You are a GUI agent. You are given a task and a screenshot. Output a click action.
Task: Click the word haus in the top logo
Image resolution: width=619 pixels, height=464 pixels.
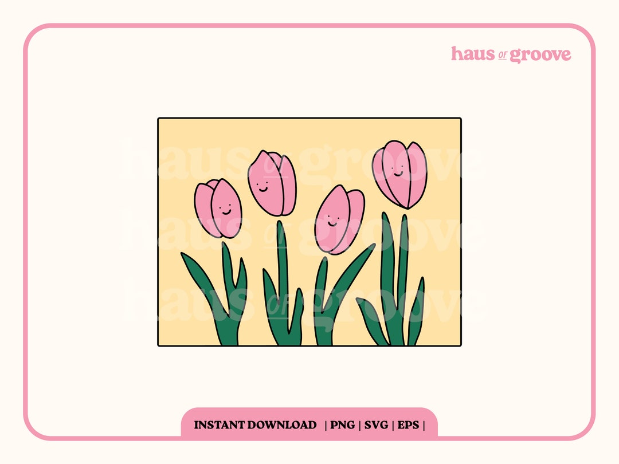472,54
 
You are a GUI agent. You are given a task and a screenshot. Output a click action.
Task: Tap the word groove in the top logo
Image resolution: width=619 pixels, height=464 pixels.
540,54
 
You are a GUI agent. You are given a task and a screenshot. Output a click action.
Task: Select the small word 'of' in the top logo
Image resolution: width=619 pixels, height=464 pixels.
503,56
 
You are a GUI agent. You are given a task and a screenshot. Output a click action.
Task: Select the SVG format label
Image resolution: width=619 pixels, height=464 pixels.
376,425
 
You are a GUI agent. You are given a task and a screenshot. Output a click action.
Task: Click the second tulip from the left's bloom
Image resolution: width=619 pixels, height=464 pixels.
273,182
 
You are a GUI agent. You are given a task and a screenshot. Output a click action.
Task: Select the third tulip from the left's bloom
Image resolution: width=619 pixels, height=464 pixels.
339,219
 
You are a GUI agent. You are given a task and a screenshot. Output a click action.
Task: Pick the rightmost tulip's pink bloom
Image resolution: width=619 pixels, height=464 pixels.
400,174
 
